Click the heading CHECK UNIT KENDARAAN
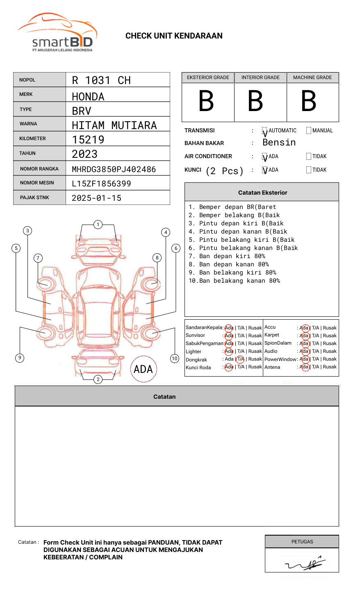tap(174, 36)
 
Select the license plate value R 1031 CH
tap(101, 80)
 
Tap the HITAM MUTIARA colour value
tap(114, 125)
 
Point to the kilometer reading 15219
tap(88, 140)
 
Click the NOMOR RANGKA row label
tap(39, 169)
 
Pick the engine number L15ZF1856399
tap(101, 184)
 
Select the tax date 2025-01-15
tap(96, 198)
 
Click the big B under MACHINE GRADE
tap(309, 101)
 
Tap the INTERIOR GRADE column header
tap(260, 77)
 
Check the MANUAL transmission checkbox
tap(309, 131)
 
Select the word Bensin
tap(279, 143)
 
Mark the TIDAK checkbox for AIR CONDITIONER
tap(309, 157)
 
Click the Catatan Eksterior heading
tap(262, 193)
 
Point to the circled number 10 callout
tap(175, 359)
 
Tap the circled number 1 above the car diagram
tap(98, 225)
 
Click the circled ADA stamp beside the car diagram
tap(144, 369)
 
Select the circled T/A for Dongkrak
tap(240, 359)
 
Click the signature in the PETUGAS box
tap(304, 564)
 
